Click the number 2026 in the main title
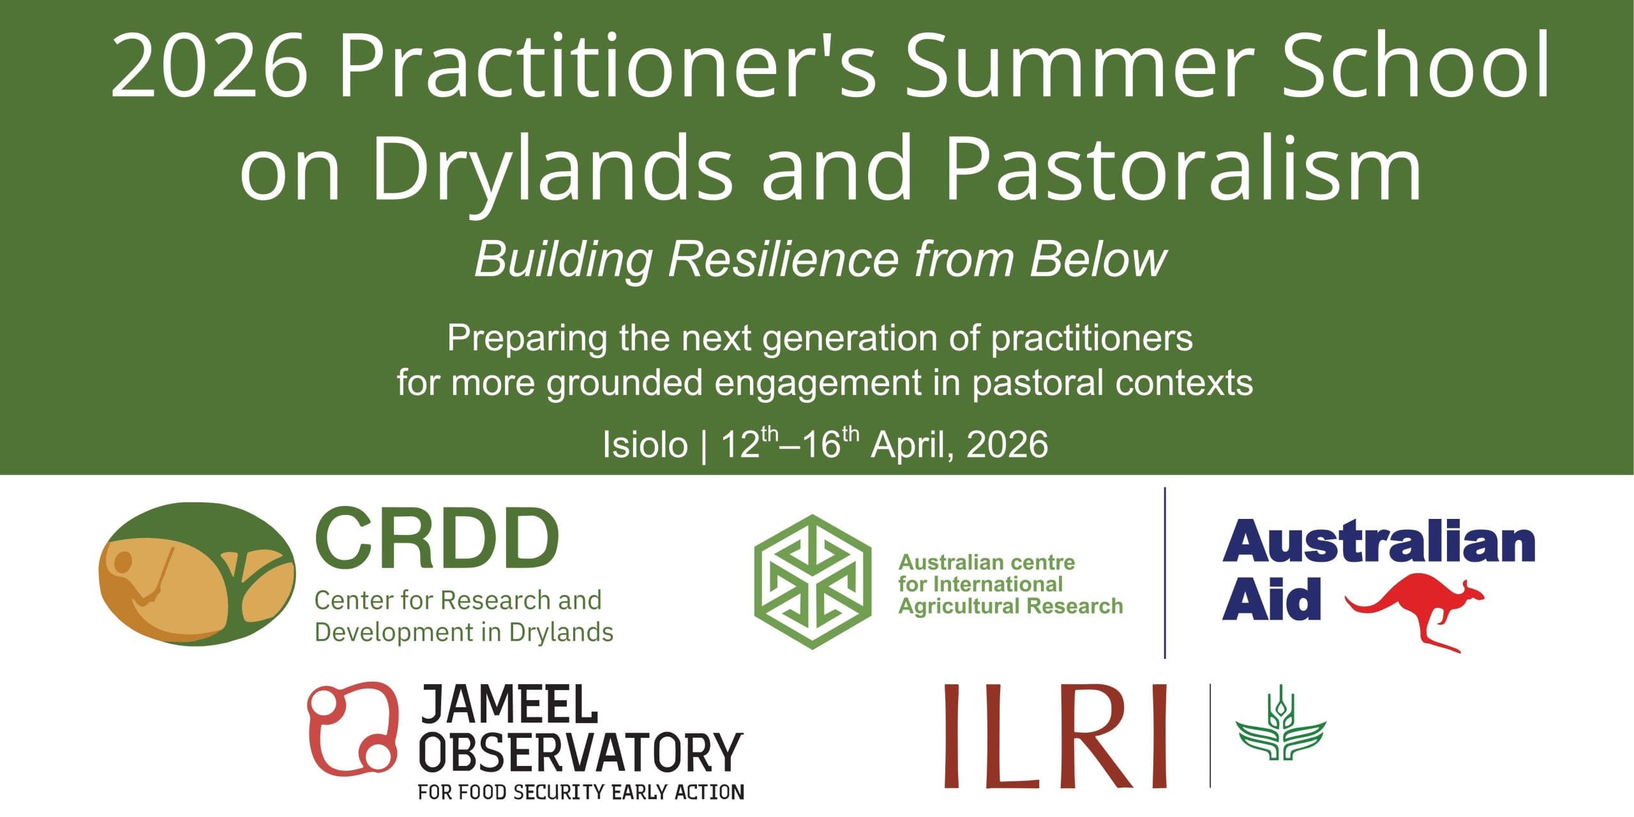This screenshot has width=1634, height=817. pos(209,65)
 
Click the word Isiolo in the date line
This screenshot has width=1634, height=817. pos(645,445)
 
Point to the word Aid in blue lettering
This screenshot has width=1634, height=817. pos(1270,599)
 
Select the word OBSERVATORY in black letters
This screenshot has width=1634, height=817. pos(580,753)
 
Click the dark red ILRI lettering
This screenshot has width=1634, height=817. pos(1056,735)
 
